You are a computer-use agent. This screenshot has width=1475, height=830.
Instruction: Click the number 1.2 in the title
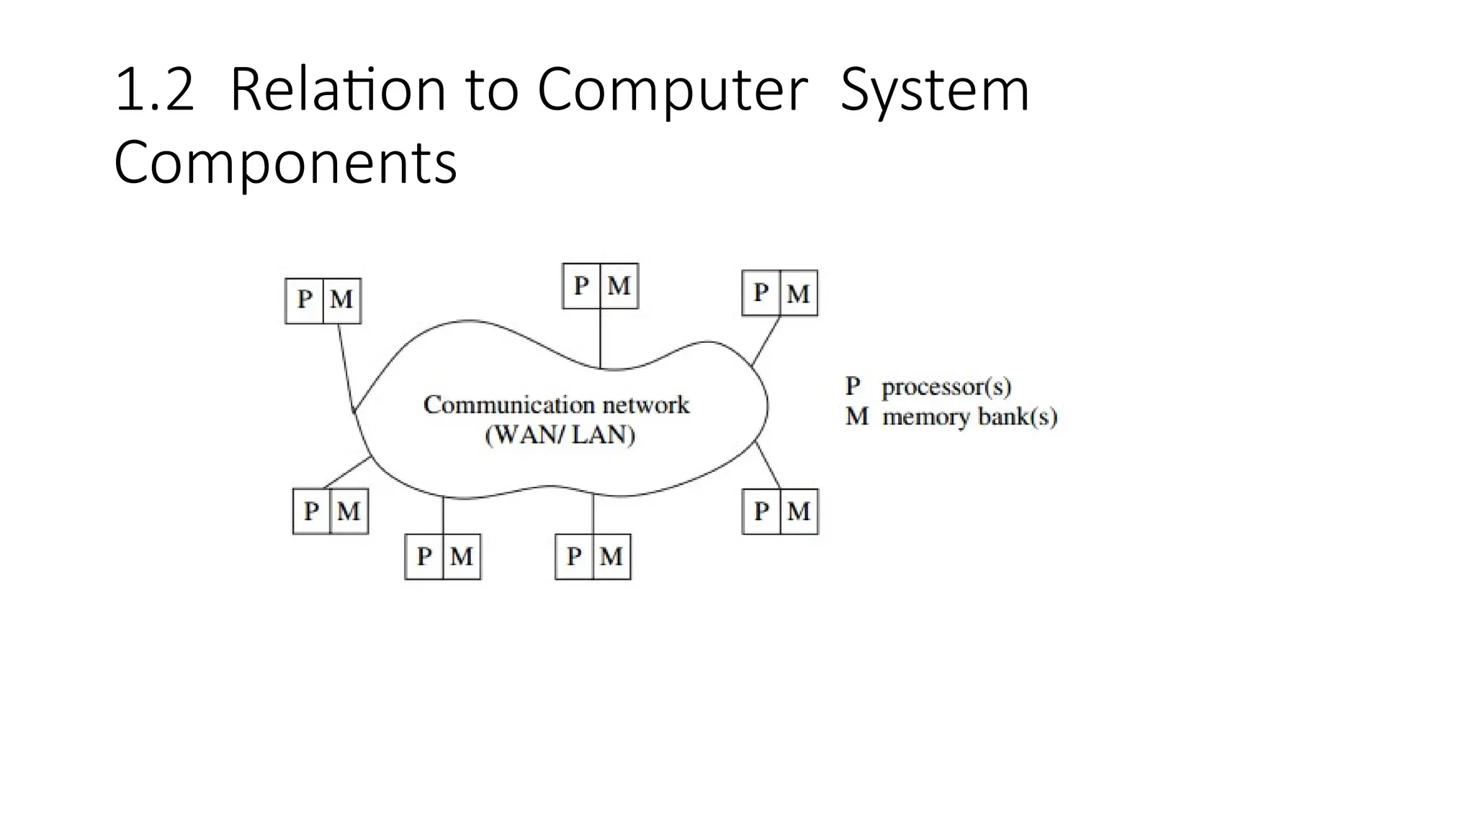[154, 91]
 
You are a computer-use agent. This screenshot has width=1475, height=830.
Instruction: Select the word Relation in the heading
[339, 91]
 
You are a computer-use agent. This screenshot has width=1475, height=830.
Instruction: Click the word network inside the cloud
[646, 405]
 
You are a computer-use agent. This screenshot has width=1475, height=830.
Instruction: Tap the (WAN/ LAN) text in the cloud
[560, 435]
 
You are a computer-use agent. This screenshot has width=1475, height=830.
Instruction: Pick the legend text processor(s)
[946, 388]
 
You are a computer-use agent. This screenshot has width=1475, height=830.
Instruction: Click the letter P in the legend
[853, 386]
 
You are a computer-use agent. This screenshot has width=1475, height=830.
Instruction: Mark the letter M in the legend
[856, 416]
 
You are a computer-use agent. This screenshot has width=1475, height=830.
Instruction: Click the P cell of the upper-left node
[305, 300]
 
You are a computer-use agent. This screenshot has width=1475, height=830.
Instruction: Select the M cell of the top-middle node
[619, 286]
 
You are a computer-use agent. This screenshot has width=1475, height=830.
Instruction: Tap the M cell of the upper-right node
[798, 293]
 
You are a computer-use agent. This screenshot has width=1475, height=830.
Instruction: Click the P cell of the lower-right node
[761, 512]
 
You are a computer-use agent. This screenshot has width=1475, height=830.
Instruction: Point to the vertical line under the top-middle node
[600, 339]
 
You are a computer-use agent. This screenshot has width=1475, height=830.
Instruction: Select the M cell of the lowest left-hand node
[461, 556]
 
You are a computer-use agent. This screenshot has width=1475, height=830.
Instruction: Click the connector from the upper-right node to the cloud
[766, 341]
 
